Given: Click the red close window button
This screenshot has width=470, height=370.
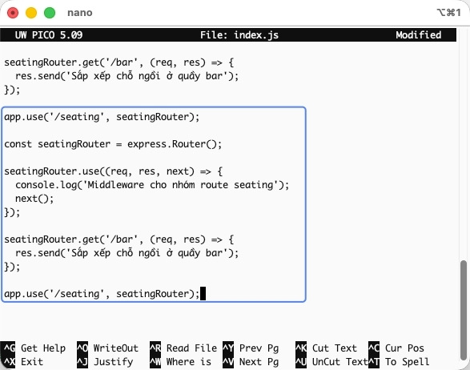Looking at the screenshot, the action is coord(13,13).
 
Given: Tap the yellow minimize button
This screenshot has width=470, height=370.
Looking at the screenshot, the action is coord(31,13).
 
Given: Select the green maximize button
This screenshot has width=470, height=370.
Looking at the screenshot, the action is coord(50,13).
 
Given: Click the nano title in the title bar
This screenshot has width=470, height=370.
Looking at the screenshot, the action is coord(80,13).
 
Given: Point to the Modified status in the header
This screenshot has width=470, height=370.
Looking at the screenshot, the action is coord(419,35).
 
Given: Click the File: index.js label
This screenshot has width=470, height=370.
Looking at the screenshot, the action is coord(239,35).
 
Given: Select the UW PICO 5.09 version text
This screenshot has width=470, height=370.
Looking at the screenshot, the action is coord(49,35).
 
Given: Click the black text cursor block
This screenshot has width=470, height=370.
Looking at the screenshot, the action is coord(203,294).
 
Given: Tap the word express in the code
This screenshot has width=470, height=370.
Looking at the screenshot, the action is coord(147,144).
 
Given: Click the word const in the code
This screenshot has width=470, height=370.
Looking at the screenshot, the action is coord(18,144).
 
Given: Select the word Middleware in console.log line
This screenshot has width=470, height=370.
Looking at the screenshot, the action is coord(116,185).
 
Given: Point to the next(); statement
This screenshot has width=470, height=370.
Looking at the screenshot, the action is coord(34,199).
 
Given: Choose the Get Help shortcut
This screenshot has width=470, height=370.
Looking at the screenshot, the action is coord(34,348).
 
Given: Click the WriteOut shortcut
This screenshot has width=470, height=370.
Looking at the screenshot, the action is coord(108,348).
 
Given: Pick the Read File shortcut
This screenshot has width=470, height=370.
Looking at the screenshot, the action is coord(183,348).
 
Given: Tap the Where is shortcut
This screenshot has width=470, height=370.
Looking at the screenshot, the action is coord(181,362).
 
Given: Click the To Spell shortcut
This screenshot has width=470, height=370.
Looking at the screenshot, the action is coord(399,362).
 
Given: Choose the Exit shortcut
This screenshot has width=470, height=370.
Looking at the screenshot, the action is coord(23,362).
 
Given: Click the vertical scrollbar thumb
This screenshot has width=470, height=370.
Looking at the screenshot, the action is coord(464,312).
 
